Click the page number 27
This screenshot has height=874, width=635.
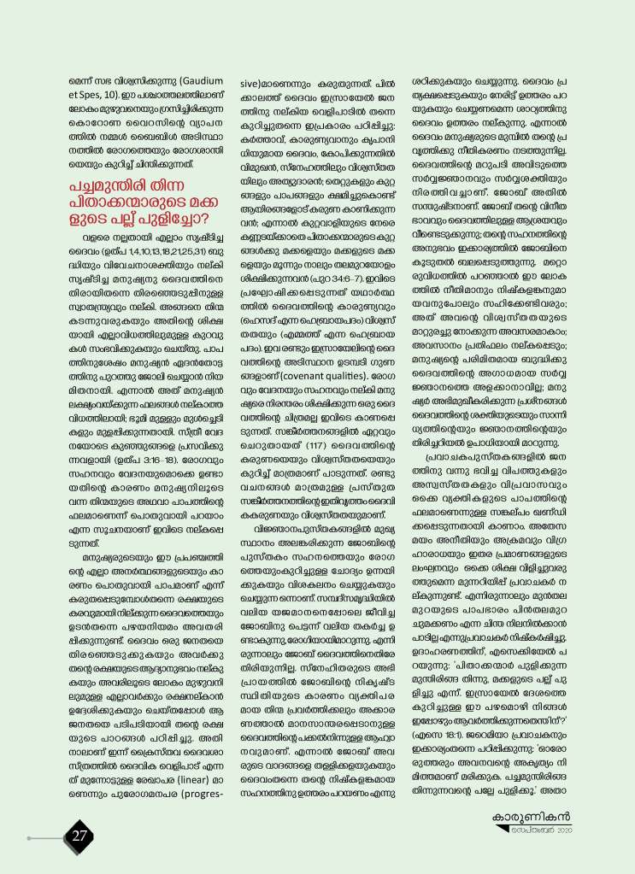coord(79,836)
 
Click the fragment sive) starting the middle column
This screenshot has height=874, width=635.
coord(249,85)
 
